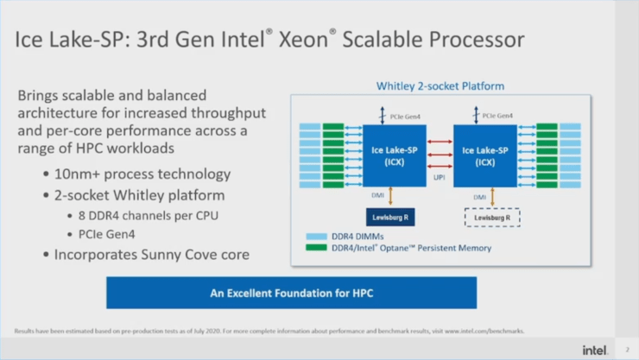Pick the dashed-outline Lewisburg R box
click(490, 218)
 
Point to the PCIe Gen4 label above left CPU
click(409, 115)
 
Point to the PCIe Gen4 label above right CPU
click(500, 115)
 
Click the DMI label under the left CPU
click(377, 196)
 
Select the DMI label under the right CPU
click(479, 197)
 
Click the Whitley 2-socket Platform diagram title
click(440, 86)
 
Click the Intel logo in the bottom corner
click(595, 349)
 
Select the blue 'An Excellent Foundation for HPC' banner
click(291, 293)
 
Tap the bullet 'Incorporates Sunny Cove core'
click(152, 255)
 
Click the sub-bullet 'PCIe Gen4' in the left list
click(109, 234)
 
